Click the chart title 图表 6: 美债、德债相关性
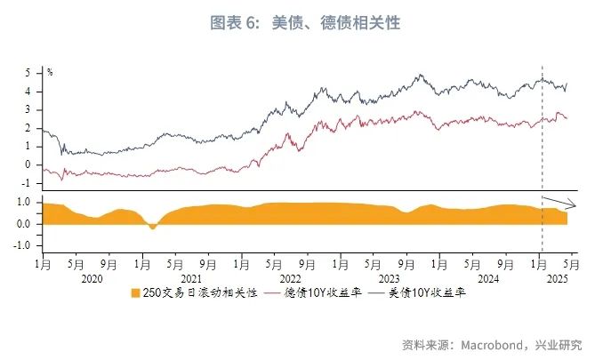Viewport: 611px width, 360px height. click(x=305, y=23)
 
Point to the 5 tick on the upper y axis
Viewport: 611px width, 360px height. click(x=29, y=72)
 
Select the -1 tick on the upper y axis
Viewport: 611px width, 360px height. click(x=28, y=183)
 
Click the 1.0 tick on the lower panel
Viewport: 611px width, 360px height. click(x=25, y=203)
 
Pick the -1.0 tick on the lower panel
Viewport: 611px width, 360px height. click(x=23, y=245)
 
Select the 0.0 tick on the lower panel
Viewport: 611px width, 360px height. click(x=25, y=224)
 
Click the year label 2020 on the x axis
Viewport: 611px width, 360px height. click(x=92, y=277)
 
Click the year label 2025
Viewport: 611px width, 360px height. click(x=556, y=277)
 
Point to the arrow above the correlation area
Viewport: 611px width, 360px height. click(x=560, y=202)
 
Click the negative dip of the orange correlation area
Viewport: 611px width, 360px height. click(x=153, y=227)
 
